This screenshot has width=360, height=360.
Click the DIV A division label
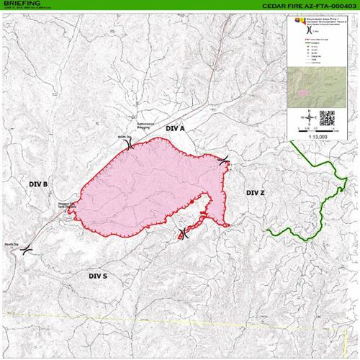pos(176,127)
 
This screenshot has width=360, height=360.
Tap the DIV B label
pos(38,184)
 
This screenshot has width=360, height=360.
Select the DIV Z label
pos(256,193)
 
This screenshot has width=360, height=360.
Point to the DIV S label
pos(98,276)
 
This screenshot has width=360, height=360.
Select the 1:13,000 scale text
pos(315,135)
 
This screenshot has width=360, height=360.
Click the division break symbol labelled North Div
pos(128,144)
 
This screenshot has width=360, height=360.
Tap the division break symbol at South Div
pos(27,250)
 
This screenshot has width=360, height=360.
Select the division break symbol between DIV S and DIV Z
pos(182,233)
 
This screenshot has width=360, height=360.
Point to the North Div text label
pos(124,136)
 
